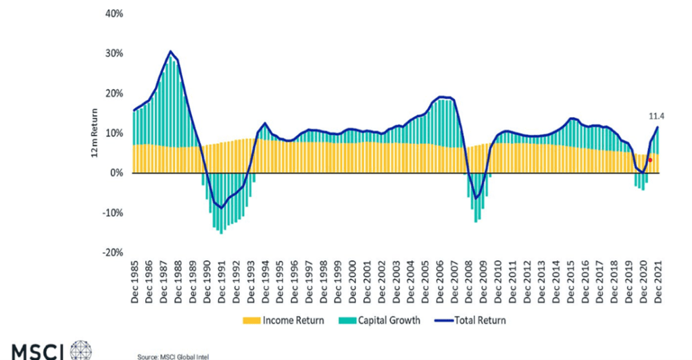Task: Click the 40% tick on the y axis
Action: pyautogui.click(x=114, y=14)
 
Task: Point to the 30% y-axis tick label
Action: pyautogui.click(x=114, y=53)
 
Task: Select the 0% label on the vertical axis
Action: pyautogui.click(x=116, y=173)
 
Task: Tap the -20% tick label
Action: pyautogui.click(x=112, y=253)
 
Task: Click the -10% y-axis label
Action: pyautogui.click(x=112, y=213)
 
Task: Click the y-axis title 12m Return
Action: pyautogui.click(x=95, y=134)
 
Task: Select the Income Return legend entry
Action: pyautogui.click(x=283, y=320)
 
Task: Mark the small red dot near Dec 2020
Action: pyautogui.click(x=649, y=160)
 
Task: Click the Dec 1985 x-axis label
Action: pyautogui.click(x=135, y=282)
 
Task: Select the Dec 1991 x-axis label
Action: pyautogui.click(x=222, y=282)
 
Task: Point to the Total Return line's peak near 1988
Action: pyautogui.click(x=171, y=51)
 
